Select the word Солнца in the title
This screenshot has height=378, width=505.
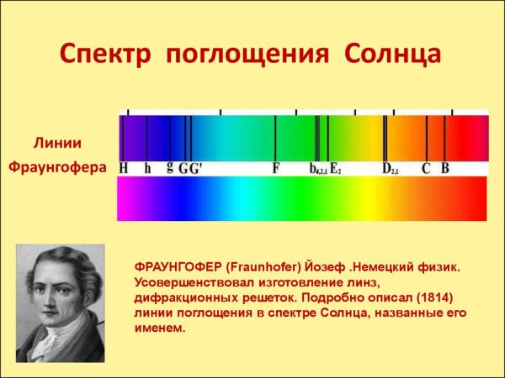pos(392,56)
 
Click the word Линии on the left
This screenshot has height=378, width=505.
pos(56,142)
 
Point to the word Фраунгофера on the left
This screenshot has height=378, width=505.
pos(57,167)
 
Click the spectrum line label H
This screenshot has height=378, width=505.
pos(124,168)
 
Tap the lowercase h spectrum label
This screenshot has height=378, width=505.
pos(147,168)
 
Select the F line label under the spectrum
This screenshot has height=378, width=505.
pos(275,168)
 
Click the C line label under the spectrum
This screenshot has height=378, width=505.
pos(426,168)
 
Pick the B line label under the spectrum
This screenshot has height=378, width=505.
pos(445,168)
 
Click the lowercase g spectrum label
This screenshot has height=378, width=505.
pos(170,166)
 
